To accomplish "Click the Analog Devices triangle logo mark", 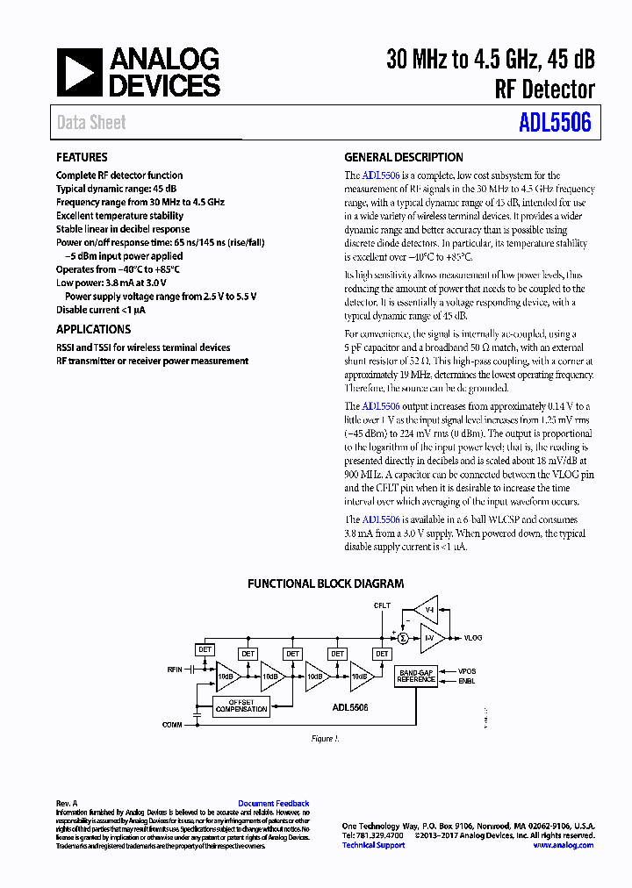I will pos(80,72).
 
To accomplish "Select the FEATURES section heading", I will pos(82,158).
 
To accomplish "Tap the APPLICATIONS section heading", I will pos(93,329).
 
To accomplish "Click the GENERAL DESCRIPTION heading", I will pos(404,158).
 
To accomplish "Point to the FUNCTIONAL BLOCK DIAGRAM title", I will pos(326,584).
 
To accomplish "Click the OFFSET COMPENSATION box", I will pos(241,705).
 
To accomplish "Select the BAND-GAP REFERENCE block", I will pos(416,676).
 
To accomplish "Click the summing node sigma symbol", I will pos(403,638).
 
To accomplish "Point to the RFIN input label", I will pos(175,669).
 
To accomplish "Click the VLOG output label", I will pos(473,638).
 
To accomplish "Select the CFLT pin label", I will pos(382,605).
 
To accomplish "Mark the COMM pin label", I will pos(173,724).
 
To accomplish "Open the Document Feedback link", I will pos(273,804).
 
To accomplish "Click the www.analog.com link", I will pos(563,845).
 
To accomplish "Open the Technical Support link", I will pos(373,845).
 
